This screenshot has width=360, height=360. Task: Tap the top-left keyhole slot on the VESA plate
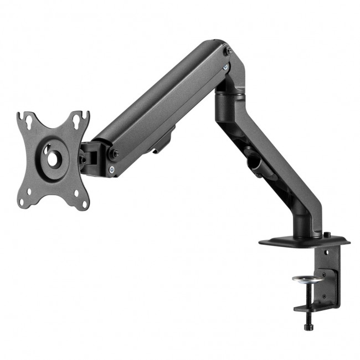pyautogui.click(x=23, y=117)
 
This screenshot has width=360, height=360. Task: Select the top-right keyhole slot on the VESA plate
pyautogui.click(x=83, y=116)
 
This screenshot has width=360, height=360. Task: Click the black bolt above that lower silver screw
pyautogui.click(x=114, y=154)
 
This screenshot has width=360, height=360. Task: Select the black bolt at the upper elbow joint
pyautogui.click(x=228, y=51)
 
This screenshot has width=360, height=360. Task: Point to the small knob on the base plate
pyautogui.click(x=327, y=235)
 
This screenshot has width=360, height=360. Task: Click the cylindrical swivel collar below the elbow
pyautogui.click(x=228, y=99)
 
